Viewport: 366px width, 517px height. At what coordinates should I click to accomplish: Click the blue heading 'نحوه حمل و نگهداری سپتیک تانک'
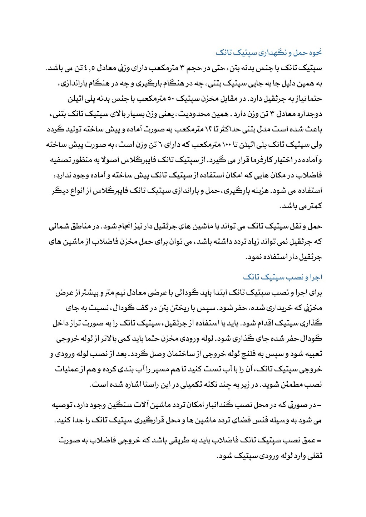[x=268, y=52]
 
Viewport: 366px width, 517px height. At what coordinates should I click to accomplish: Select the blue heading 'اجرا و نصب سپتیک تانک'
[x=282, y=277]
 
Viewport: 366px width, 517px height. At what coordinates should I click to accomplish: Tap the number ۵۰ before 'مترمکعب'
[x=170, y=99]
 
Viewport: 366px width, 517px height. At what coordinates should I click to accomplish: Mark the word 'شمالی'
[x=60, y=226]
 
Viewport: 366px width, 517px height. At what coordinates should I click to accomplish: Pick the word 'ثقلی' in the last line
[x=315, y=456]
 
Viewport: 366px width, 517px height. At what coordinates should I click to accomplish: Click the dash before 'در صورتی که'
[x=320, y=405]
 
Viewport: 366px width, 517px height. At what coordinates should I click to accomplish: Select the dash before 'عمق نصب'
[x=320, y=441]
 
